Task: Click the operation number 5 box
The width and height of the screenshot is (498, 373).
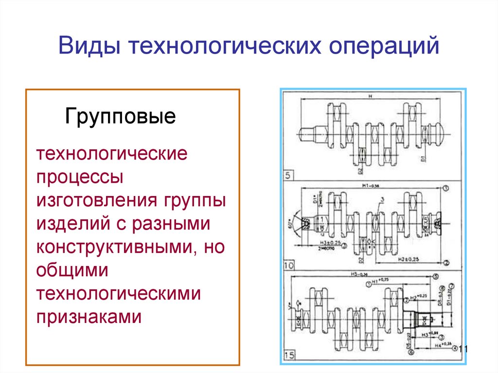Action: coord(288,176)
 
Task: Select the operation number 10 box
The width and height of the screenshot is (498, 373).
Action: coord(289,266)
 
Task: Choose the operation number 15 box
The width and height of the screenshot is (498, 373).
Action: coord(289,355)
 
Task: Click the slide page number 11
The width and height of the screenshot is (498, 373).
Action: coord(462,349)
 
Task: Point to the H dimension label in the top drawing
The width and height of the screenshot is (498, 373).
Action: coord(370,97)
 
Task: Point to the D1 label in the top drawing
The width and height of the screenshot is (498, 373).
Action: coord(424,159)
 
